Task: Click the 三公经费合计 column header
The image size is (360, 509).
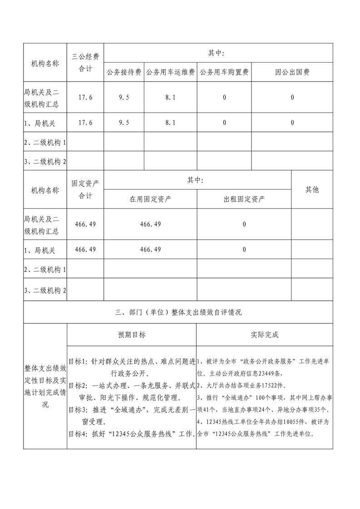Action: (x=85, y=63)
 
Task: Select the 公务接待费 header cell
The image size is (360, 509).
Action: (x=124, y=72)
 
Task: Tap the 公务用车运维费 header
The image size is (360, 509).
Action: (x=170, y=72)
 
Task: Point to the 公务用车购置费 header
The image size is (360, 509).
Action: (x=224, y=72)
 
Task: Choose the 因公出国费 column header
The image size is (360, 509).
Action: (x=292, y=72)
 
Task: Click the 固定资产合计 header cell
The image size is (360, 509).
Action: (x=85, y=190)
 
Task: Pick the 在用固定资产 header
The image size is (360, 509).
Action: (x=150, y=199)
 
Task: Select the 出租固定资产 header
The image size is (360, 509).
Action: (x=244, y=199)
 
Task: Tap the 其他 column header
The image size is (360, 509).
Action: (x=312, y=190)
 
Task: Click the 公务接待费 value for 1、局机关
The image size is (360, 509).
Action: (x=124, y=122)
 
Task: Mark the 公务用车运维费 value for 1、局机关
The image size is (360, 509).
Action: (x=170, y=122)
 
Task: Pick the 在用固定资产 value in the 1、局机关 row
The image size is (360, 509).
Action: (x=150, y=250)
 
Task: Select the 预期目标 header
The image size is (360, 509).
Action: (x=132, y=335)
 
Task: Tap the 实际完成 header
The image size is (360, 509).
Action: (x=264, y=335)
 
